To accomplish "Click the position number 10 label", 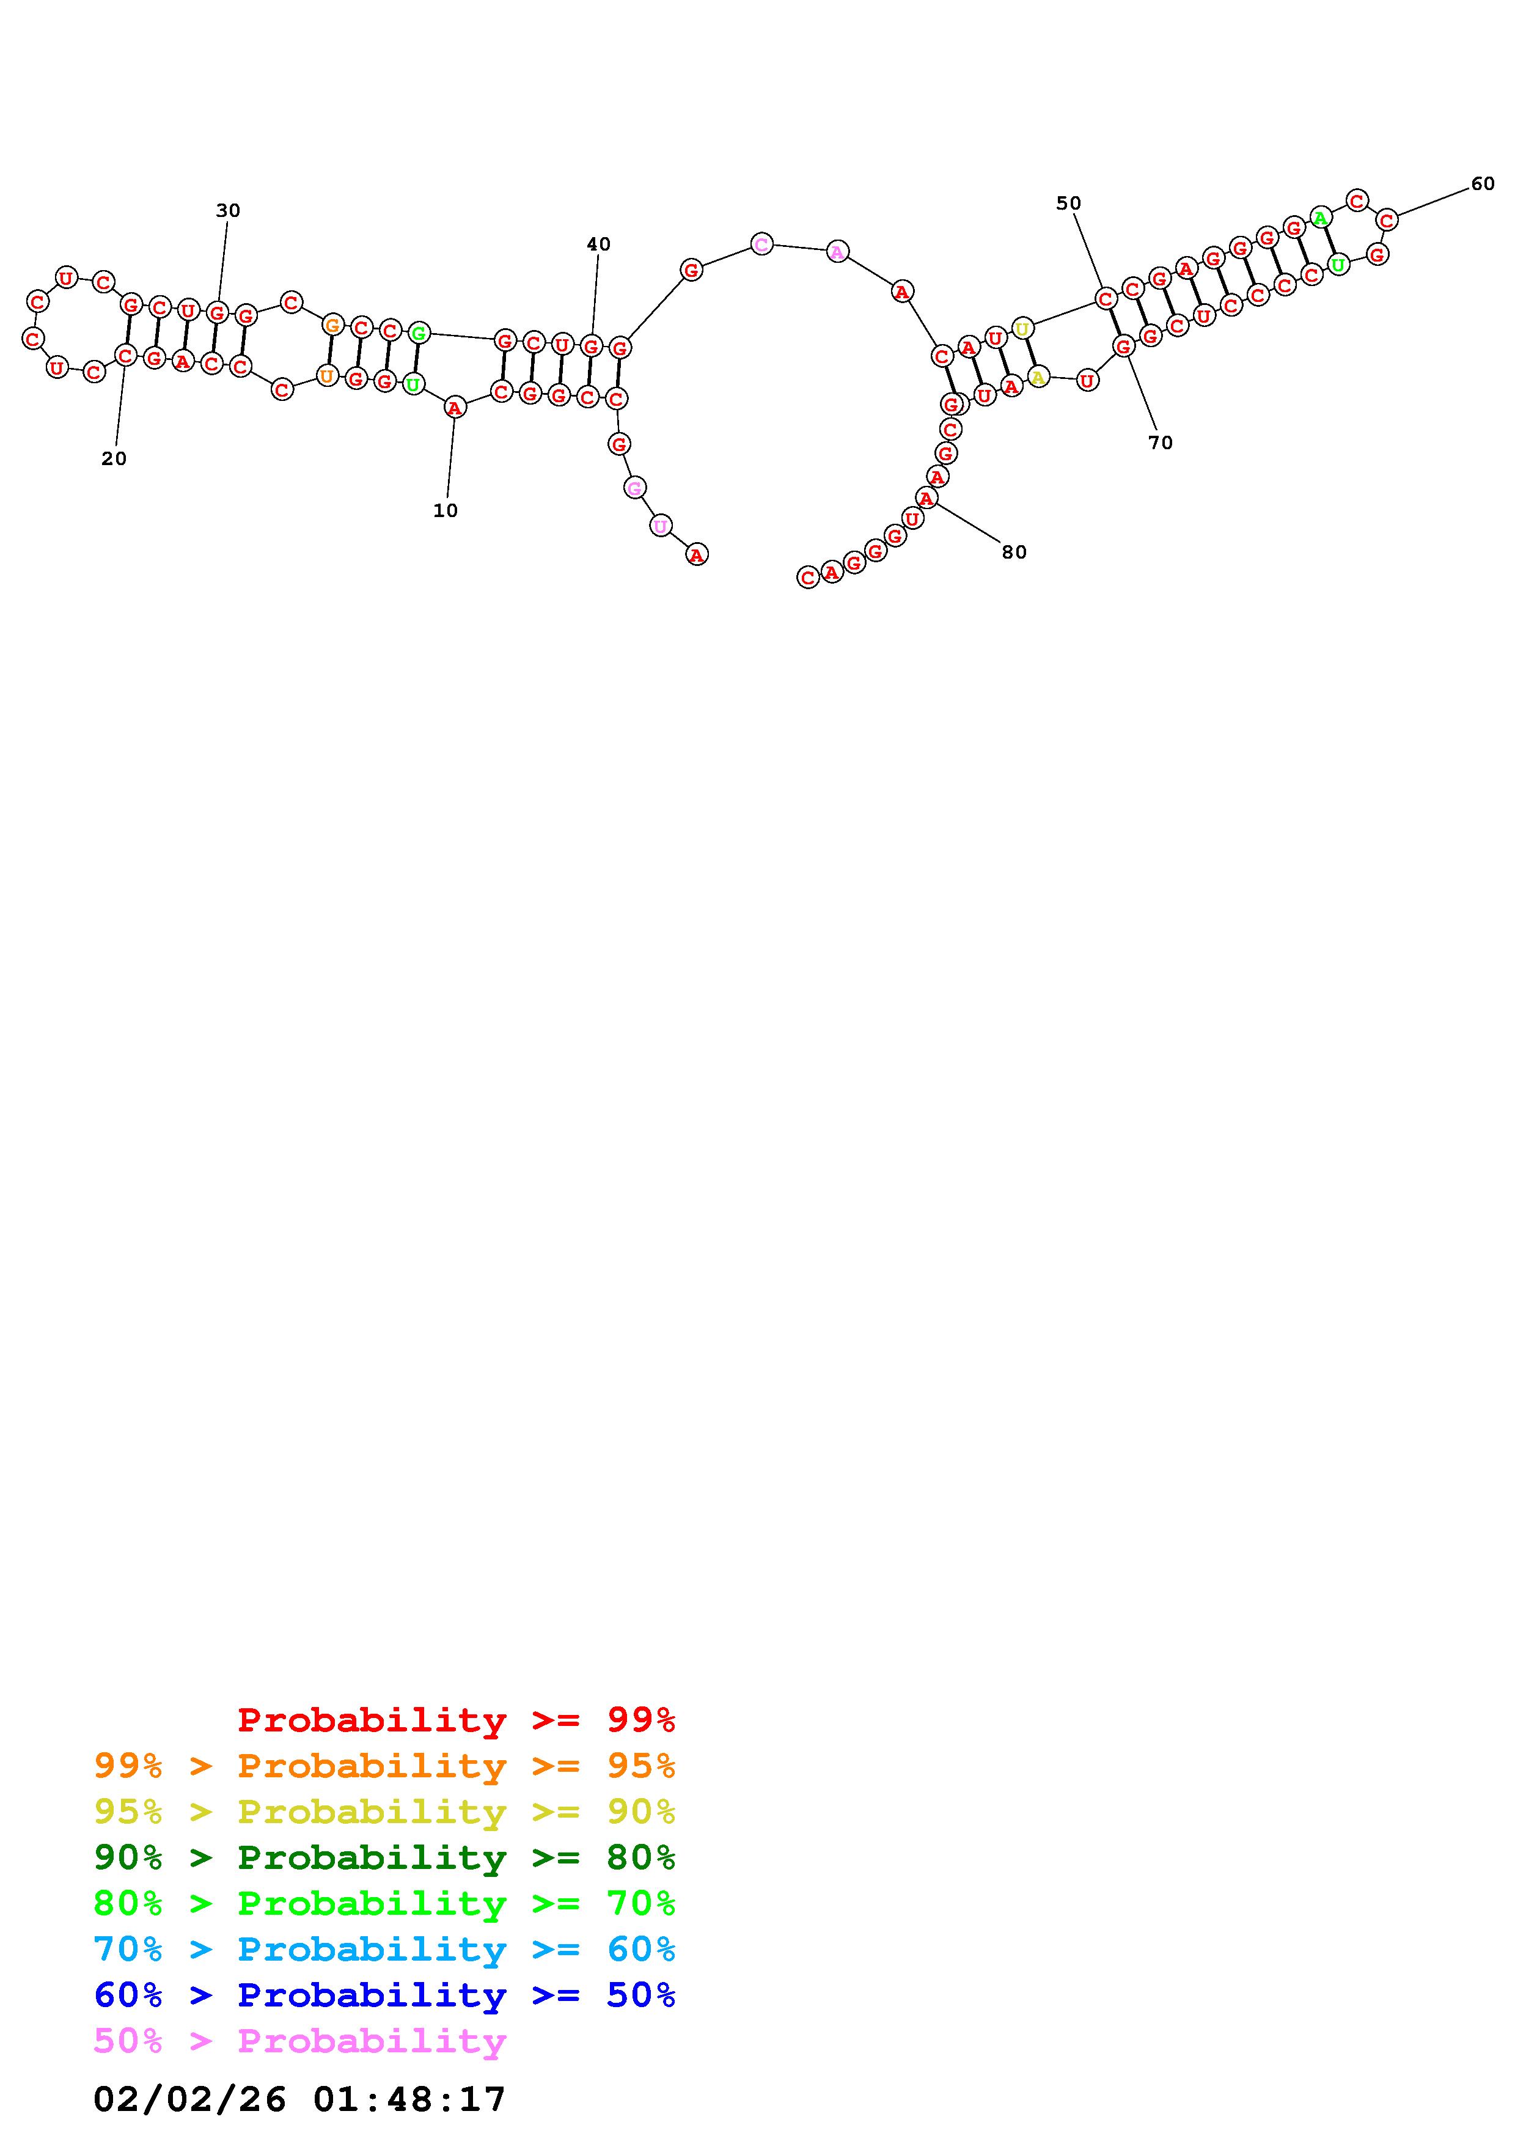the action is point(446,511).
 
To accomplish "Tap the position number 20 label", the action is point(114,458).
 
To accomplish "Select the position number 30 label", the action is point(228,211).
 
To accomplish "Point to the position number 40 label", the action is point(598,244).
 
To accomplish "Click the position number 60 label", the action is point(1483,184).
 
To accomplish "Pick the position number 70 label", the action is point(1161,442).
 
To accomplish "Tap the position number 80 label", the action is point(1014,552).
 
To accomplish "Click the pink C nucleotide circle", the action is point(761,244).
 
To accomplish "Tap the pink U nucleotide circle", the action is point(661,526).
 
